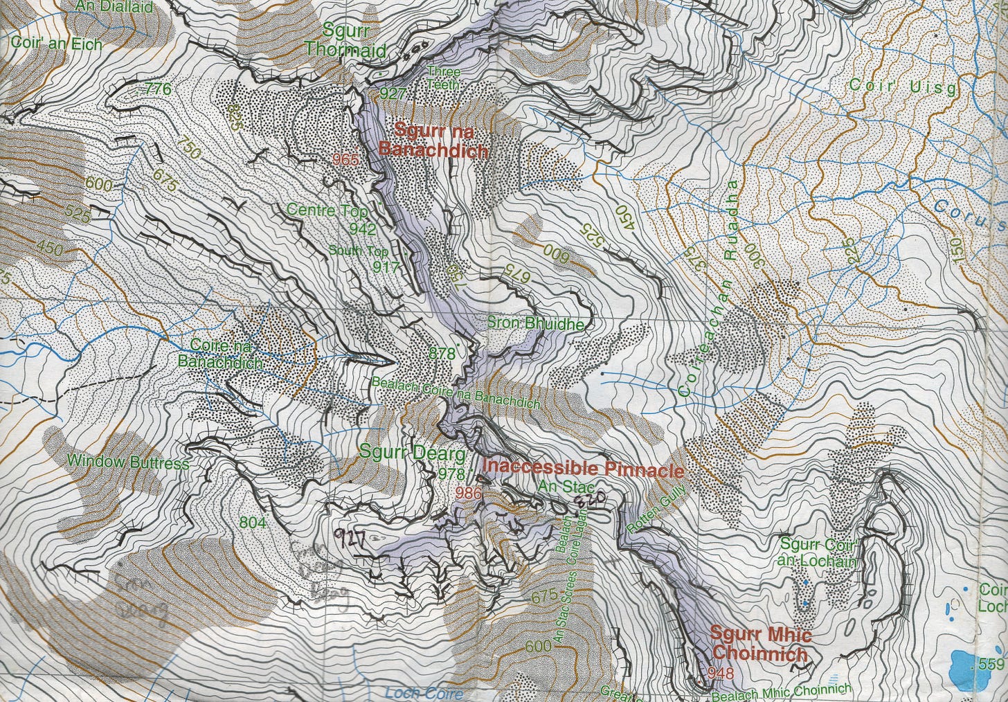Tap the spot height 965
(345, 160)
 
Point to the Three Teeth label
(443, 77)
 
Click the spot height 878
(442, 353)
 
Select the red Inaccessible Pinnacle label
(583, 468)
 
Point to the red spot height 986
(469, 493)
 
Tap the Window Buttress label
(128, 462)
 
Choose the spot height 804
(252, 522)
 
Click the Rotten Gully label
(656, 509)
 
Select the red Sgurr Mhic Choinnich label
(760, 643)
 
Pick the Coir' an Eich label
(56, 44)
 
